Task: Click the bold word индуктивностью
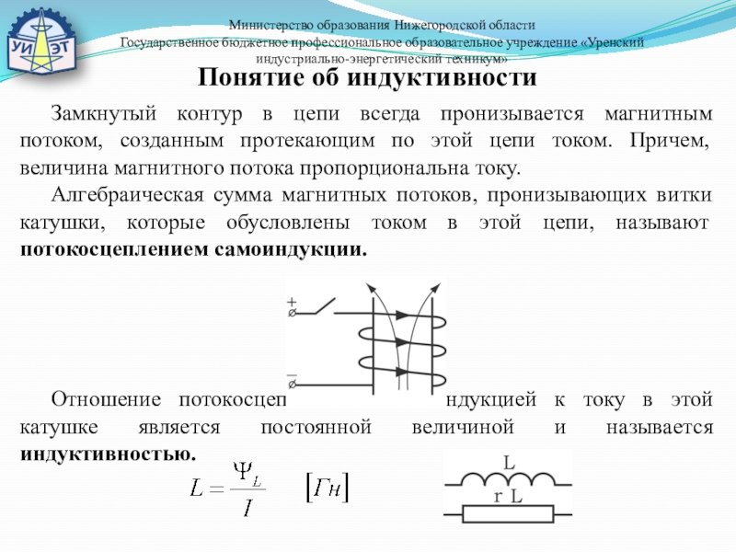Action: coord(109,454)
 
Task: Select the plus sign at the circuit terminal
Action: coord(292,300)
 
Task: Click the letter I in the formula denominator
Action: coord(247,508)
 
